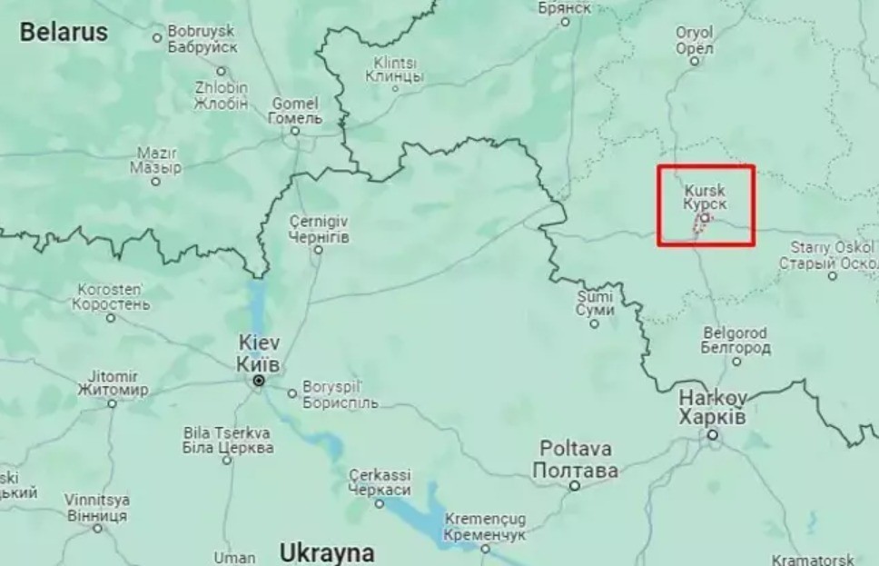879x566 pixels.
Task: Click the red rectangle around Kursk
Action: click(x=706, y=167)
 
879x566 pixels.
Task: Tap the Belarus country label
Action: click(x=64, y=33)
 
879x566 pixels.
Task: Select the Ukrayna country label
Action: click(x=327, y=552)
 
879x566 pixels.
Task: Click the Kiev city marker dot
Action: click(x=259, y=381)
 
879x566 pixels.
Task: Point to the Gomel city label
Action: click(x=295, y=110)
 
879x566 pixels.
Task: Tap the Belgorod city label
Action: click(x=736, y=341)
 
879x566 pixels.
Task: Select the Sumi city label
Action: click(x=595, y=303)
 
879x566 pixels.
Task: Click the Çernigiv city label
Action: click(x=317, y=229)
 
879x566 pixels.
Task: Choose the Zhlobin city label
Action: click(x=221, y=95)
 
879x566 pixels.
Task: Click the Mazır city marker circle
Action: click(x=156, y=182)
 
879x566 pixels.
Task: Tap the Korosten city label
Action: click(x=111, y=296)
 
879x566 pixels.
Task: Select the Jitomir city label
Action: click(x=113, y=382)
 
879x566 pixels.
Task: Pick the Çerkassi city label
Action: click(x=380, y=482)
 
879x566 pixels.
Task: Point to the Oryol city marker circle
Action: click(x=695, y=62)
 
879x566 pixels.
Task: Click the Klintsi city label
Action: click(x=393, y=70)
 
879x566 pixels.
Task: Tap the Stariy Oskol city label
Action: click(x=831, y=254)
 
